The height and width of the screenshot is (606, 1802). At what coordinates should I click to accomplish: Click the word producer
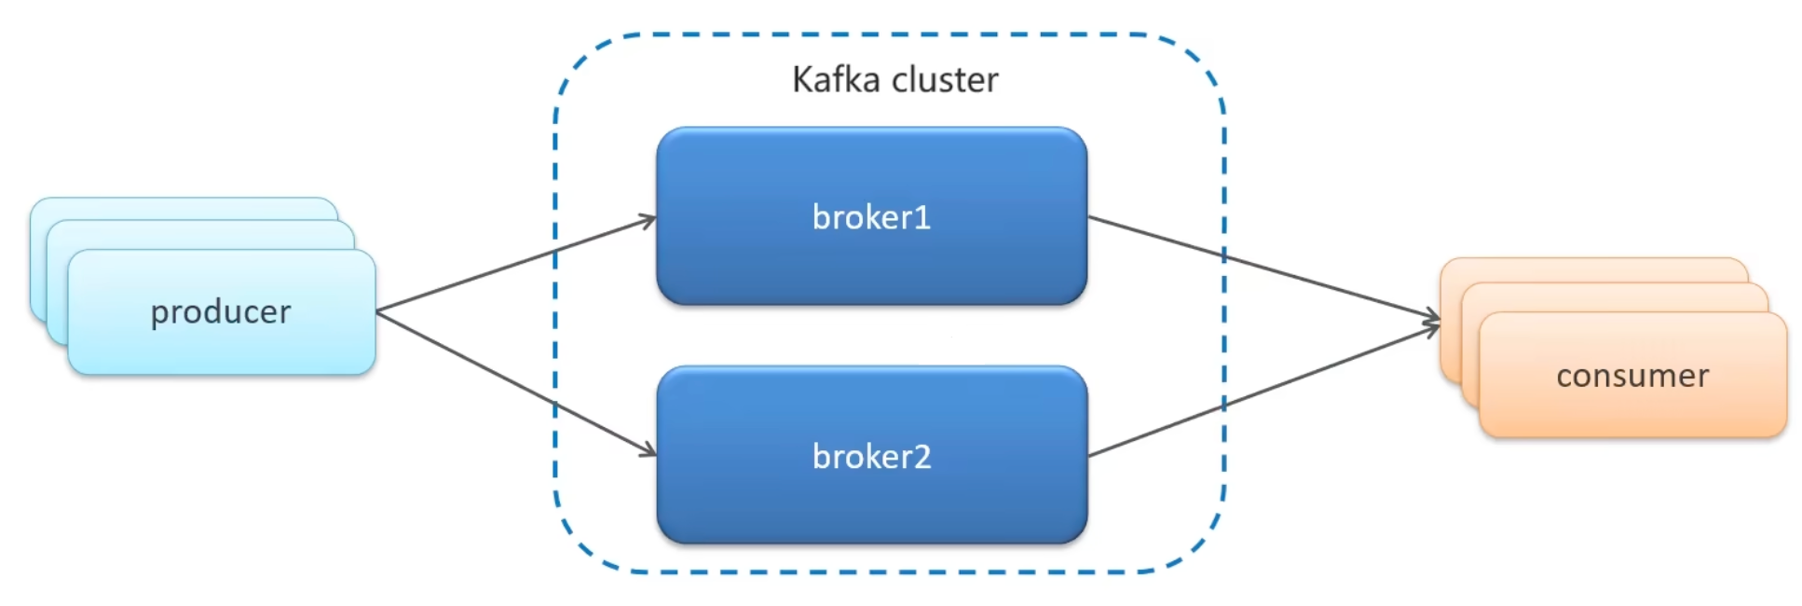coord(221,312)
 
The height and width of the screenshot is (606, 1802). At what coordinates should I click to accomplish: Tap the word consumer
coord(1632,376)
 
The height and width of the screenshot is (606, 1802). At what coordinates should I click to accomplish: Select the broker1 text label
coord(871,217)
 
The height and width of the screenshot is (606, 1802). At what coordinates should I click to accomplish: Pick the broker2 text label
coord(871,457)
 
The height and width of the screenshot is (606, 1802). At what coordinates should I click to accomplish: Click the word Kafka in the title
coord(836,80)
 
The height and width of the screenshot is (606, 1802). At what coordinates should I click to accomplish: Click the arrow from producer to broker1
coord(512,266)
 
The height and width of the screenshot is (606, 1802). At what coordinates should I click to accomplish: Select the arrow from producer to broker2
coord(512,382)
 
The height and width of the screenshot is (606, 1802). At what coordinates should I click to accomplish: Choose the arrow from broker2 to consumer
coord(1258,392)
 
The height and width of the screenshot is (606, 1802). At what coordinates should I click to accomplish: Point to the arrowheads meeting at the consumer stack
coord(1433,322)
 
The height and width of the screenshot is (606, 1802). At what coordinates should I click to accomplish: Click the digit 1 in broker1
coord(922,217)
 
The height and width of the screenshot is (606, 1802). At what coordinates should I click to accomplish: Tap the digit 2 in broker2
coord(921,457)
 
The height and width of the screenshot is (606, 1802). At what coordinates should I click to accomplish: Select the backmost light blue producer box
coord(186,208)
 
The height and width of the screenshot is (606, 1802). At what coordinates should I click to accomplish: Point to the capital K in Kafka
coord(801,80)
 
